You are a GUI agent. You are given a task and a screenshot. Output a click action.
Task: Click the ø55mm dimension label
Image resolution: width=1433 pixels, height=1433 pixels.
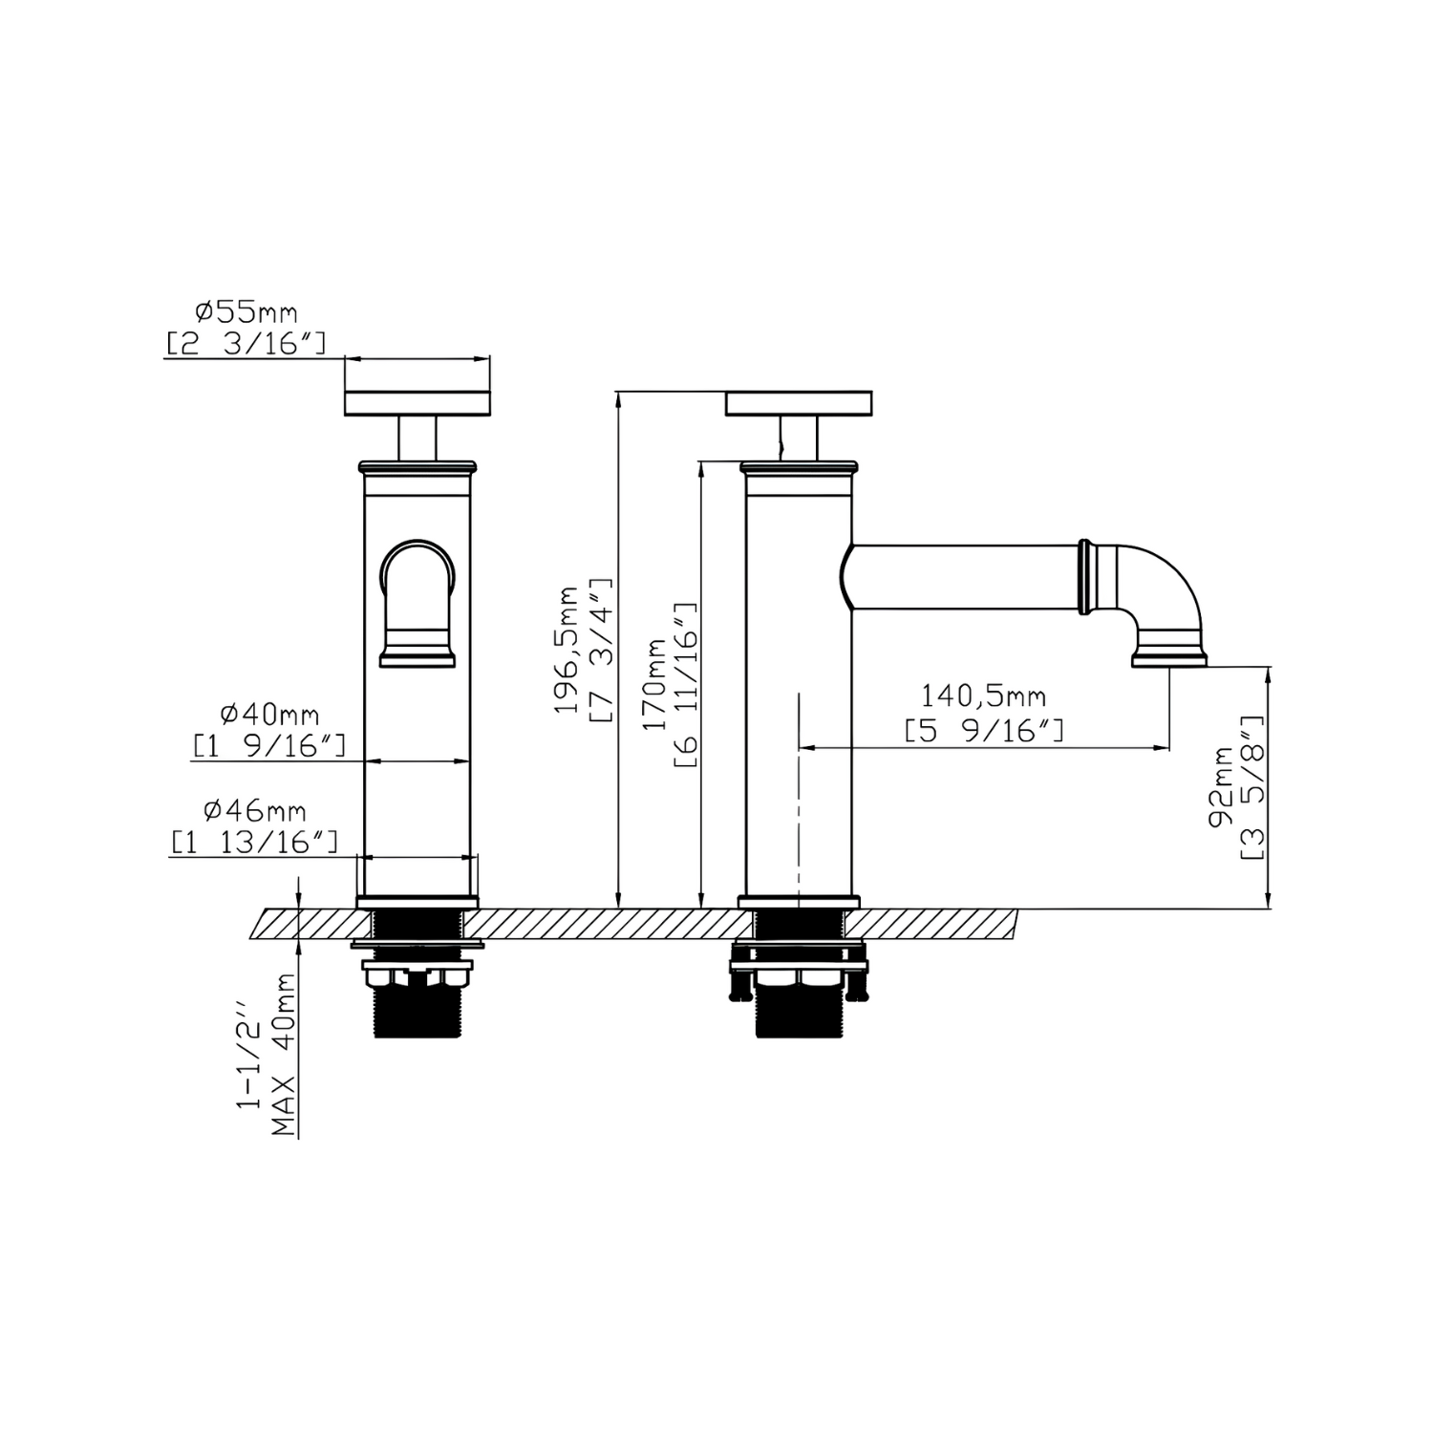pyautogui.click(x=246, y=312)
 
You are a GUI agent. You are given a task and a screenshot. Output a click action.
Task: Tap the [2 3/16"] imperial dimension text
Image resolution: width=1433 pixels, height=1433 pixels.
pyautogui.click(x=246, y=343)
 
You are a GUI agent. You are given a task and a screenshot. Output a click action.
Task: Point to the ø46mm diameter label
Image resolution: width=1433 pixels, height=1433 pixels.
pyautogui.click(x=255, y=811)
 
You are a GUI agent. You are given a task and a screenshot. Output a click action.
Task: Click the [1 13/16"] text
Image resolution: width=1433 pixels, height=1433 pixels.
pyautogui.click(x=254, y=842)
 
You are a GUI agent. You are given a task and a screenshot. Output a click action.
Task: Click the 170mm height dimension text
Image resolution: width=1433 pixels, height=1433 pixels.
pyautogui.click(x=655, y=685)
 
